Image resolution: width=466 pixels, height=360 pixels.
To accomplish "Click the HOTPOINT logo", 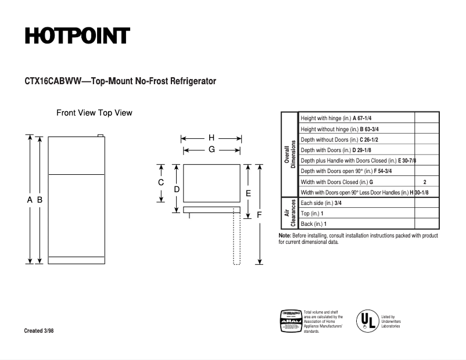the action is point(77,36).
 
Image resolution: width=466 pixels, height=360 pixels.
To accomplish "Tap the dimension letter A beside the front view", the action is point(30,199).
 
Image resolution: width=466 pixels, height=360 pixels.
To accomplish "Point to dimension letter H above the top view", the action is point(212,138).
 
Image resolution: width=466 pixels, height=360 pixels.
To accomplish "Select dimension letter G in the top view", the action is point(212,149).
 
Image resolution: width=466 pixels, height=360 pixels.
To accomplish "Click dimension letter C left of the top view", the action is point(161,182).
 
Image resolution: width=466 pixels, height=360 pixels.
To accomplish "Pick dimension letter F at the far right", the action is point(259,214).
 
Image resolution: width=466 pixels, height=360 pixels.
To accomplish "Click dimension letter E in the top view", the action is point(248,193).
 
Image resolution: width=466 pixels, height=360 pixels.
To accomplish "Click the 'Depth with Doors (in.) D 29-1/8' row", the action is point(336,150).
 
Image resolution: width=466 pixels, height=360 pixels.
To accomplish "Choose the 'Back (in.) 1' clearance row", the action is point(313,224).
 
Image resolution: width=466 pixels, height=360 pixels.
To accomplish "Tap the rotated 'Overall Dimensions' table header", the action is point(290,154).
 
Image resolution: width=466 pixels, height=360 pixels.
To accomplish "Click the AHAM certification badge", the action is point(291,321).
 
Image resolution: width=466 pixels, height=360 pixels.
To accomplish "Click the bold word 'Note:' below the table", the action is point(285,236).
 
